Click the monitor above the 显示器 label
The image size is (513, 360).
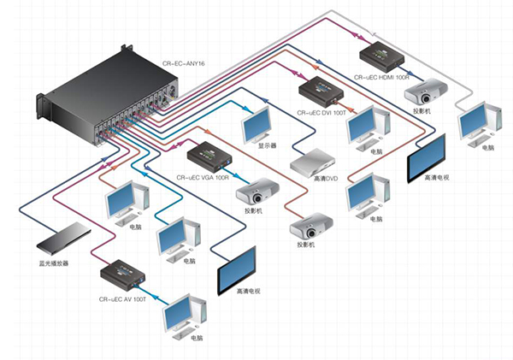point(259,126)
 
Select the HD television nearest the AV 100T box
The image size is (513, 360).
point(237,271)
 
